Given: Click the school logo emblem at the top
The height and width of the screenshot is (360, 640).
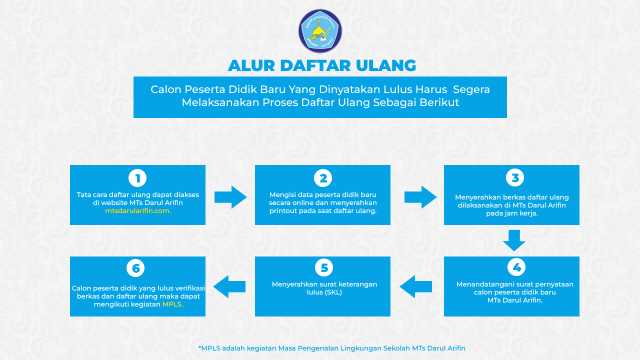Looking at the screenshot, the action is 320,31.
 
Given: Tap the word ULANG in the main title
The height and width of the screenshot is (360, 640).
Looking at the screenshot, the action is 386,65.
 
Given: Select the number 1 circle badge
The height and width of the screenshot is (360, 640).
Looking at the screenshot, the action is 137,178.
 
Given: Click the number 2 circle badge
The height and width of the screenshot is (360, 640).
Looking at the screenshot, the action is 323,178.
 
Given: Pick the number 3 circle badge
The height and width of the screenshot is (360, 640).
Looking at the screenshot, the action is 515,177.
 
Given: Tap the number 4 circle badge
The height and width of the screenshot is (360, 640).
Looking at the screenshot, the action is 516,267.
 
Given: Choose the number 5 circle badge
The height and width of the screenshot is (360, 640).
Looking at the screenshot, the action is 323,267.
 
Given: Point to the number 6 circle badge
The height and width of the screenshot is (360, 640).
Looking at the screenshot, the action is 135,268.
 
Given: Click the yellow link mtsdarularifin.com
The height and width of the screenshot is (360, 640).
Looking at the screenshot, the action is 138,211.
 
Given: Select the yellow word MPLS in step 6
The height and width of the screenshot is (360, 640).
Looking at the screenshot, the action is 172,304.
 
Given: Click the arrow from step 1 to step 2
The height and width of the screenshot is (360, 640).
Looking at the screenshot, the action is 230,197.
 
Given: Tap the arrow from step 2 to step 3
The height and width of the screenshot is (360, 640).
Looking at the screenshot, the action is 420,197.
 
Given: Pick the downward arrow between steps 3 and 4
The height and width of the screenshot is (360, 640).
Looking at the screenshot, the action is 514,240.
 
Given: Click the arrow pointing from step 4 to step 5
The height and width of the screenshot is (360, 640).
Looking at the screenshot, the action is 415,286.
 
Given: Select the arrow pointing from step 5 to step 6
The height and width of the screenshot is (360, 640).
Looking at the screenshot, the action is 229,286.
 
